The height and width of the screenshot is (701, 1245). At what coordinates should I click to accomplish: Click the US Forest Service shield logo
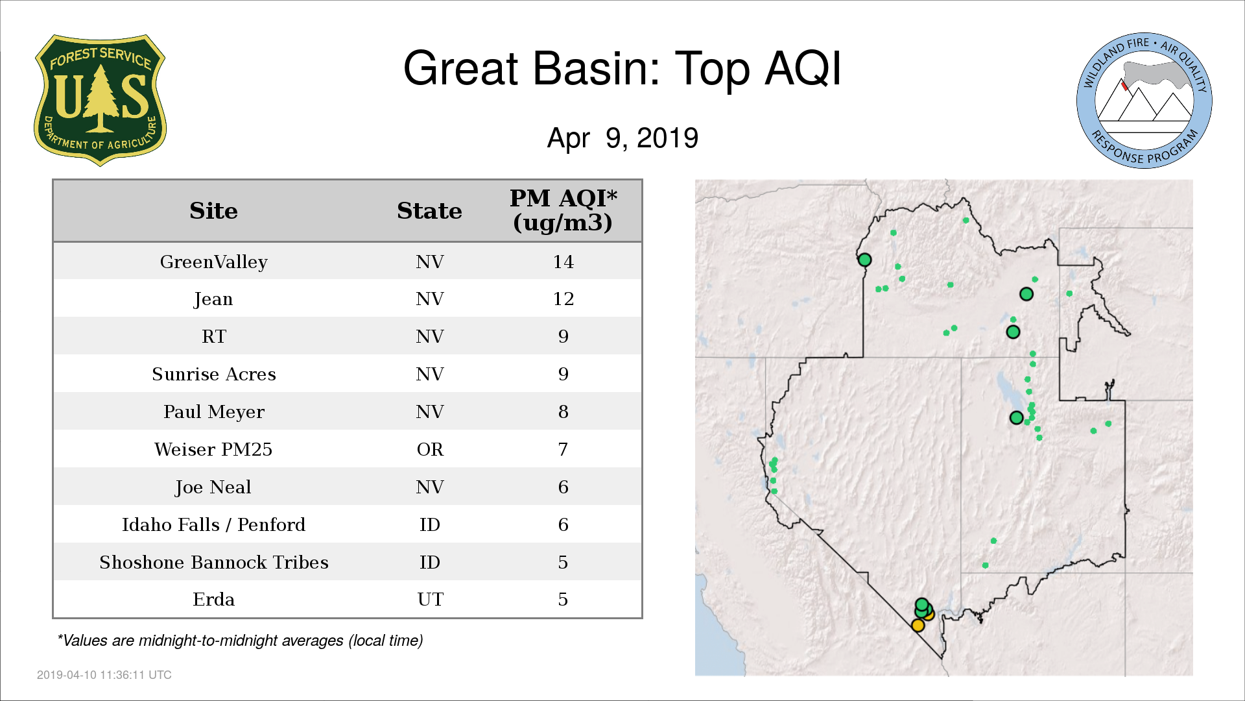tap(100, 100)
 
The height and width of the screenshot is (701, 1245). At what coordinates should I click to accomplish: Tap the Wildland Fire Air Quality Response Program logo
tap(1144, 101)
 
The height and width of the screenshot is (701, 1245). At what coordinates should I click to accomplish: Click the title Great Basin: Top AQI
tap(622, 68)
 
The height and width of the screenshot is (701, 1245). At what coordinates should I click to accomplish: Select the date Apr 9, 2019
tap(622, 138)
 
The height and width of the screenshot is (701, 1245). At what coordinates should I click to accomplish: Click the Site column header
tap(213, 211)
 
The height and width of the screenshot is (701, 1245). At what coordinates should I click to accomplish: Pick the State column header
tap(429, 211)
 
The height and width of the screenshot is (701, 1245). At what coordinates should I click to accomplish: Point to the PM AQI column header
tap(563, 210)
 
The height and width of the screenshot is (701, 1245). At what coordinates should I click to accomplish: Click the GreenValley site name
tap(213, 262)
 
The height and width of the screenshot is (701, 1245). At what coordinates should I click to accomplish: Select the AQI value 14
tap(563, 262)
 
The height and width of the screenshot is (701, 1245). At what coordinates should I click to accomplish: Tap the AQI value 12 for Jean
tap(563, 299)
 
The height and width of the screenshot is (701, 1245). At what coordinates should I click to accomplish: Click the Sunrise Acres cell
tap(213, 375)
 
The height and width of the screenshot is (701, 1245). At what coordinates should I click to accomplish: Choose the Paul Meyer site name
tap(213, 412)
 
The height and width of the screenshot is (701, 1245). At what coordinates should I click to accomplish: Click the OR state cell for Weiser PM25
tap(430, 450)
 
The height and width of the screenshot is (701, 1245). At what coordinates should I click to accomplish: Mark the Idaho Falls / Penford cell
tap(213, 524)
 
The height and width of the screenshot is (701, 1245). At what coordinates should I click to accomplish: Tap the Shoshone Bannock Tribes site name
tap(213, 562)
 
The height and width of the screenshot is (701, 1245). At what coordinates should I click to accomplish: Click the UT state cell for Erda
tap(430, 600)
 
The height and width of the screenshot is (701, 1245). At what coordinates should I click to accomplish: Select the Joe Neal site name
tap(213, 487)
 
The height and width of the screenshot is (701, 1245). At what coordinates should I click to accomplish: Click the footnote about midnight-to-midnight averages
tap(240, 641)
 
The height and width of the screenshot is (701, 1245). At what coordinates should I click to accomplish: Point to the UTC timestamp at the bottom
tap(104, 675)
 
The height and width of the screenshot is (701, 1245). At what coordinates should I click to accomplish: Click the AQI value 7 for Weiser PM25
tap(563, 450)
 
